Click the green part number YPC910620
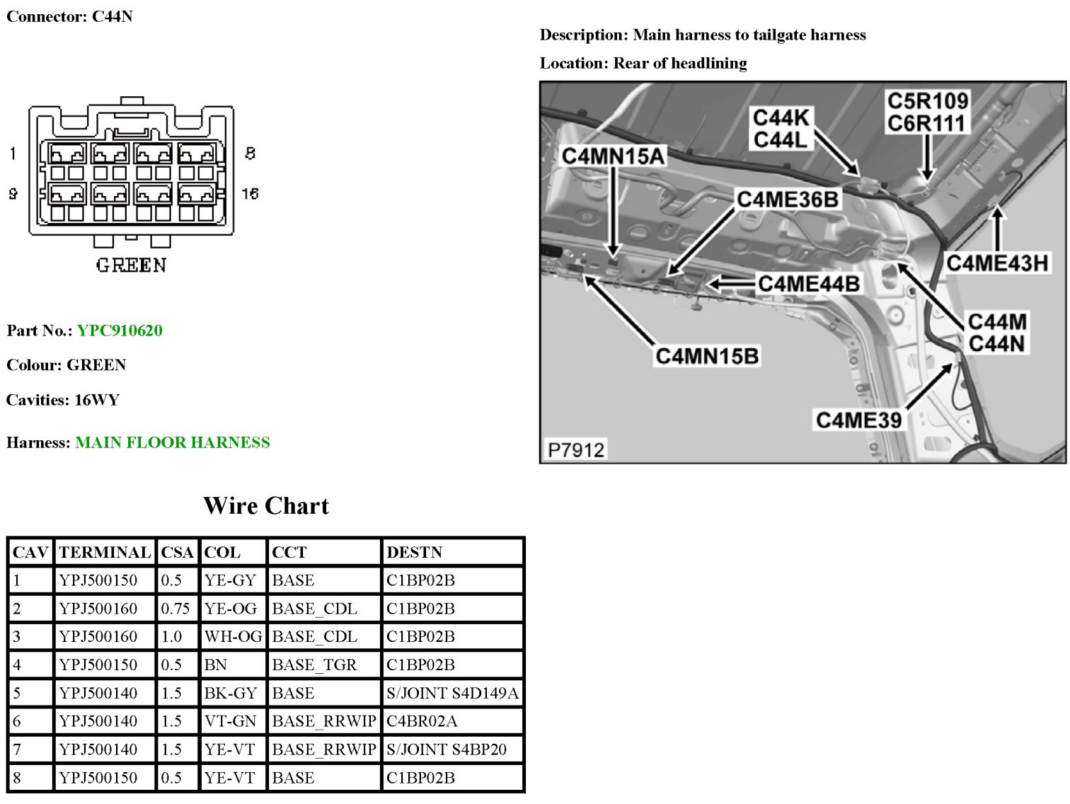point(120,331)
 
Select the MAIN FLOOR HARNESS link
point(173,442)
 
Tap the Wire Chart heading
point(266,506)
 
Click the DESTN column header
point(414,552)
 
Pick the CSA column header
point(177,552)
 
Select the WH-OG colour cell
point(233,636)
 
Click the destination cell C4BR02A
point(422,721)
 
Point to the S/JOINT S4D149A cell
point(452,693)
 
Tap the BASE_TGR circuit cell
point(314,665)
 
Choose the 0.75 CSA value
point(175,608)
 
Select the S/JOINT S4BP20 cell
point(447,750)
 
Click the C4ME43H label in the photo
point(996,263)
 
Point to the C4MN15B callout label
point(707,356)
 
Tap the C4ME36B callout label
point(787,200)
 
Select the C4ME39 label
point(858,420)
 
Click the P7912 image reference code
point(576,450)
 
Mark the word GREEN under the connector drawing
point(131,265)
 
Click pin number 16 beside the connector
point(250,193)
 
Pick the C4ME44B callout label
point(808,284)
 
